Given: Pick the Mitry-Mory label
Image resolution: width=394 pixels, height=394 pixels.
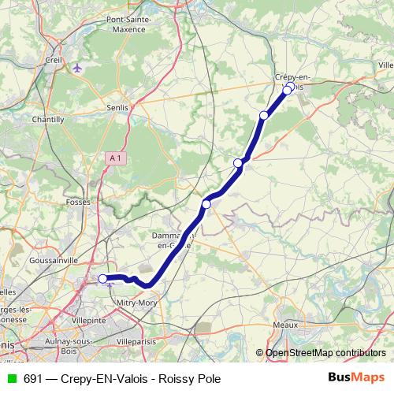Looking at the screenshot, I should tap(138, 303).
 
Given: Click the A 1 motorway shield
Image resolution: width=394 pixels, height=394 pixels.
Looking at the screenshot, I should tap(116, 158).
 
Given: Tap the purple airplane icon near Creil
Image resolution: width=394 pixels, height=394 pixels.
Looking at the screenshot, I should tap(77, 67).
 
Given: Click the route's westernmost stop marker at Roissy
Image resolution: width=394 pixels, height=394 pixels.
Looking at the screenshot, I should tap(102, 278).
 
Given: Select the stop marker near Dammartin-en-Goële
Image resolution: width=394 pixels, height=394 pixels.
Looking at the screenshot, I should tap(206, 205).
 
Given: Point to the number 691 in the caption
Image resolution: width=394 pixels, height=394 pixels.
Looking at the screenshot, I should tap(34, 379).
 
